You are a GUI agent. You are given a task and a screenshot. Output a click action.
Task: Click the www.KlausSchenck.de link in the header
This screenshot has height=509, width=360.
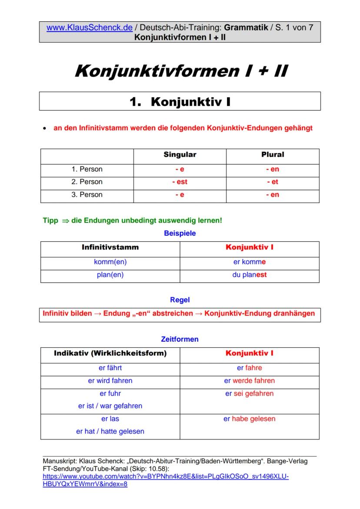(x=89, y=27)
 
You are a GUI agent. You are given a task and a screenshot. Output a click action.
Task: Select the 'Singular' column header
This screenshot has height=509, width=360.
(x=180, y=155)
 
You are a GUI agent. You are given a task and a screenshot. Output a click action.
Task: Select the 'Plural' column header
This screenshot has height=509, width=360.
(x=273, y=155)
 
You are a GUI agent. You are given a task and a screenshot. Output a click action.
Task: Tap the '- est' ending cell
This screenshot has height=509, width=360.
(x=180, y=182)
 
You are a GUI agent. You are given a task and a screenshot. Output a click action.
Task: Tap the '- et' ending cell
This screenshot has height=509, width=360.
(x=273, y=182)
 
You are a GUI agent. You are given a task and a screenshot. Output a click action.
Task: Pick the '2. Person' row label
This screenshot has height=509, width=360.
(x=87, y=182)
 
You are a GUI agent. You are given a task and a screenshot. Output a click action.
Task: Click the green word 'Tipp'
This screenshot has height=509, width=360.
(x=50, y=221)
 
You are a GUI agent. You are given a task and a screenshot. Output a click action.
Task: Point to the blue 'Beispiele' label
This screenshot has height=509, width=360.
(x=180, y=233)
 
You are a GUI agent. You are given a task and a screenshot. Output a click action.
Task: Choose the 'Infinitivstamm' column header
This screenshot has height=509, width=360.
(x=110, y=247)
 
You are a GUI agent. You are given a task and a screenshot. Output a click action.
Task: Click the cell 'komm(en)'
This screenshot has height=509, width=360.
(x=110, y=262)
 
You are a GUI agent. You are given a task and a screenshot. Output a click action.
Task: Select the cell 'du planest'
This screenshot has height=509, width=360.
(x=249, y=275)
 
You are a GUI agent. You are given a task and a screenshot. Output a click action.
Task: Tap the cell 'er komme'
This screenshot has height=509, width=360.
(x=249, y=262)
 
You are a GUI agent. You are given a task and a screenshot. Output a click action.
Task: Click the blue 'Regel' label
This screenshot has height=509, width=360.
(x=180, y=300)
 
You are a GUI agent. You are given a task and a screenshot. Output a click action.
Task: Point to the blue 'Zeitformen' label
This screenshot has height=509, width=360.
(x=180, y=339)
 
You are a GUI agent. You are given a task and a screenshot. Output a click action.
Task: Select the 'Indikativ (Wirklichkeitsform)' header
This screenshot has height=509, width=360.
(x=110, y=353)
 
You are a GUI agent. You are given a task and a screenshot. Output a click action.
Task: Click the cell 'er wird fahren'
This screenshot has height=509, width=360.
(x=110, y=381)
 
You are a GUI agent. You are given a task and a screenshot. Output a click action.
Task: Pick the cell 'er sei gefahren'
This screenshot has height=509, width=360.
(x=249, y=394)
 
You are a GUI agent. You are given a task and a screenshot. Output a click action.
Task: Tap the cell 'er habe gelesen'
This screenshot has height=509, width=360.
(x=249, y=419)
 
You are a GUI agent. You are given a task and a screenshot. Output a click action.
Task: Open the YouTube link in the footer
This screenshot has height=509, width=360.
(x=165, y=477)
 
